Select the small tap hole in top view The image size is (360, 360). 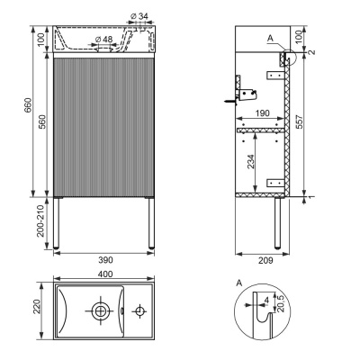pos(138,311)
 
